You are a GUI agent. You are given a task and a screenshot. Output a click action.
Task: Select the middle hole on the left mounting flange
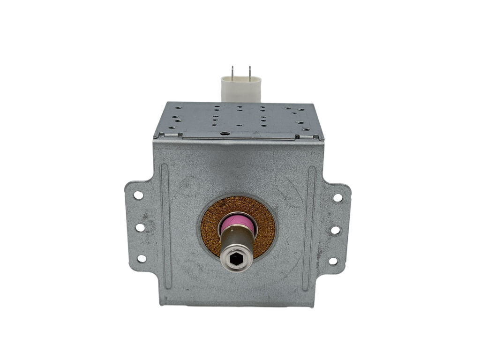[x=140, y=227]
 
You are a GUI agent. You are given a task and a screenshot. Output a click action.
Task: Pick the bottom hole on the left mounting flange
[x=141, y=258]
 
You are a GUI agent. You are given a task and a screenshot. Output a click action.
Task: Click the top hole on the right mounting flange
[x=337, y=197]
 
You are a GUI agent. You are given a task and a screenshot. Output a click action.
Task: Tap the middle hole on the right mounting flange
[x=335, y=230]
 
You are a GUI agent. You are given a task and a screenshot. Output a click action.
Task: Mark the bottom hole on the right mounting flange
[x=333, y=261]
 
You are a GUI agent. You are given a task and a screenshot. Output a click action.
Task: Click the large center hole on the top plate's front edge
[x=227, y=134]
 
